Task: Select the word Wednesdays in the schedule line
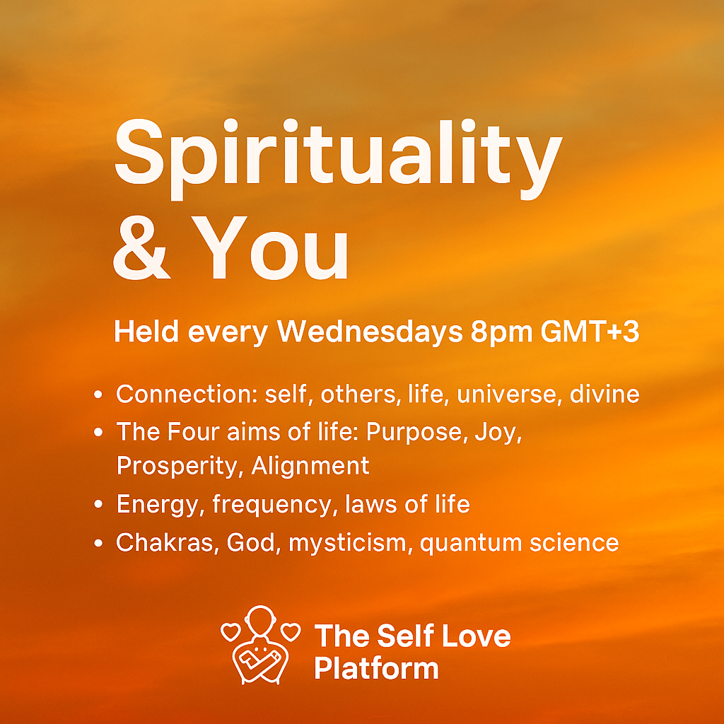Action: [369, 332]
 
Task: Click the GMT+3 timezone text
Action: [590, 332]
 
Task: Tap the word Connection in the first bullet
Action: [187, 394]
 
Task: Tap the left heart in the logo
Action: [230, 631]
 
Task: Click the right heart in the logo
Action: [290, 631]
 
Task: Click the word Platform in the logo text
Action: [376, 668]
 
